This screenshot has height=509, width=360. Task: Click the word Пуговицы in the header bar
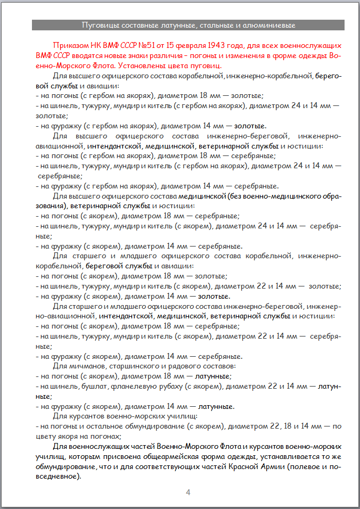coord(97,25)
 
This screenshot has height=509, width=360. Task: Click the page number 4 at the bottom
coord(188,492)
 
